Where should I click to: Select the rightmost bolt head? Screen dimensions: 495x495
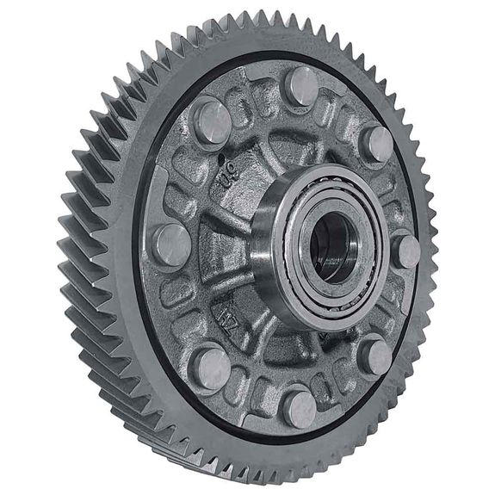405,250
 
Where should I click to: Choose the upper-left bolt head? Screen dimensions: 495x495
212,121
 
